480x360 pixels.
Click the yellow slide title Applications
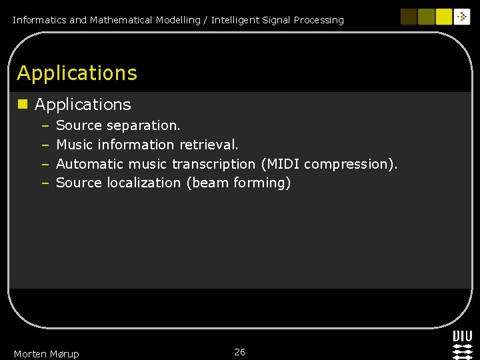pos(77,73)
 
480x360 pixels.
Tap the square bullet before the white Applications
pos(23,104)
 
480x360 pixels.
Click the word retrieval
pos(209,145)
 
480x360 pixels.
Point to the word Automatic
pos(89,164)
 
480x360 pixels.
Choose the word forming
pos(262,183)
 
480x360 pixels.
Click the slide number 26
pos(240,352)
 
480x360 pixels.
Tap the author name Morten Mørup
pos(46,354)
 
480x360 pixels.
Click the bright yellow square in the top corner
pos(443,17)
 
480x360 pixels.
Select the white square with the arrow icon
pos(462,17)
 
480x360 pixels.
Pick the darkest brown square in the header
pos(409,17)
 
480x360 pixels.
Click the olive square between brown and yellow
pos(426,17)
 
